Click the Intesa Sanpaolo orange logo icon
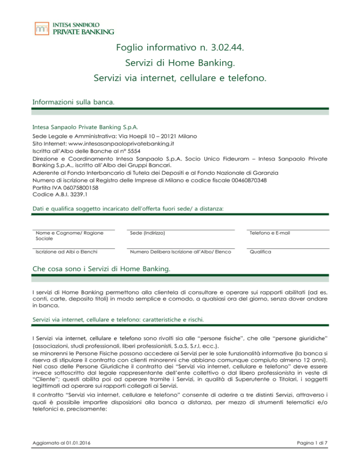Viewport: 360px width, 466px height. (42, 28)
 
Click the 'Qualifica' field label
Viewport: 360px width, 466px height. (259, 252)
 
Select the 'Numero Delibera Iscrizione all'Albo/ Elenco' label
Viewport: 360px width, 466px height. (180, 252)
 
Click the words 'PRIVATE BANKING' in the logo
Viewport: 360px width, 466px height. (82, 32)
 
